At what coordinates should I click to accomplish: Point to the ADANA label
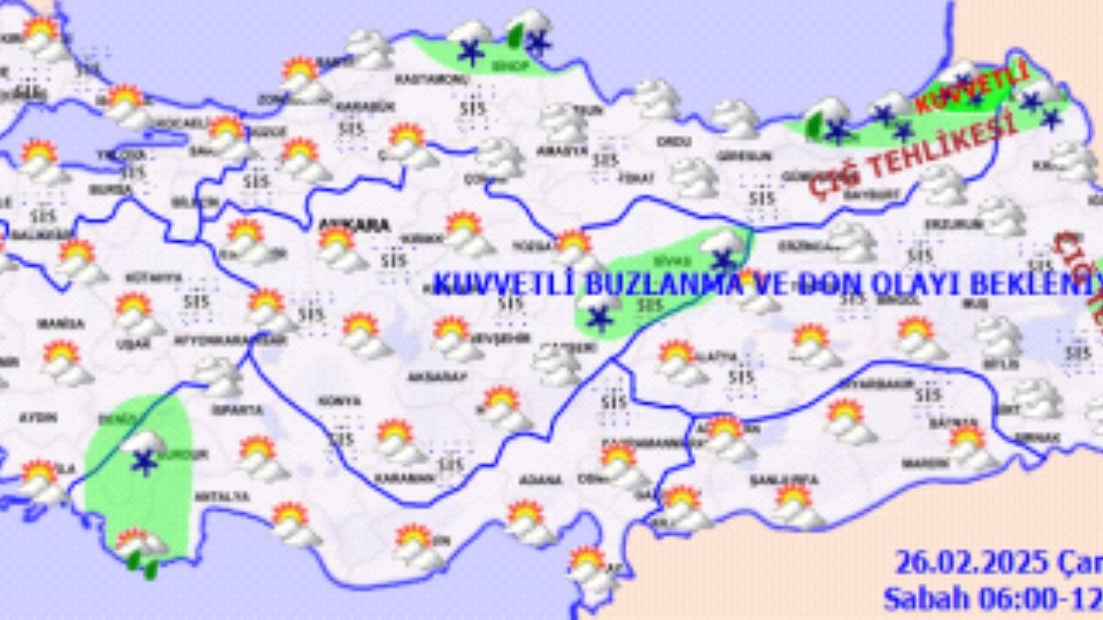point(541,480)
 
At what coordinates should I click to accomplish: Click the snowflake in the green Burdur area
point(142,462)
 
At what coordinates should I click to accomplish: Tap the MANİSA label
point(60,324)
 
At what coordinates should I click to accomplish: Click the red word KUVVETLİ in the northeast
point(971,88)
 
